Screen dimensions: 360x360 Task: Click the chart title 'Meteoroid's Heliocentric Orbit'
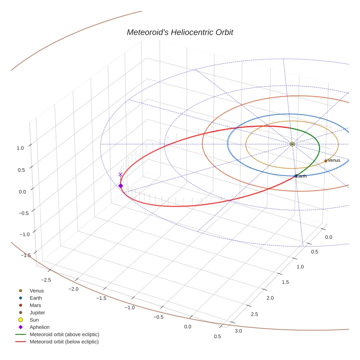click(180, 32)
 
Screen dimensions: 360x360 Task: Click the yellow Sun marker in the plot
click(292, 144)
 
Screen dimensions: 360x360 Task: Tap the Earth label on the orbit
click(301, 176)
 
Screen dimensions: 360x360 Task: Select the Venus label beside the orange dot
click(334, 160)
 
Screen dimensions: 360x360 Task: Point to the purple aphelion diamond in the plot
click(121, 186)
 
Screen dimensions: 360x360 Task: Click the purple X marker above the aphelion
click(120, 175)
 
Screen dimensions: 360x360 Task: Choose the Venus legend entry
click(37, 290)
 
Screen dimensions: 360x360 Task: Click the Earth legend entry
click(35, 298)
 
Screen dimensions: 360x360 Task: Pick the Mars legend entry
click(35, 305)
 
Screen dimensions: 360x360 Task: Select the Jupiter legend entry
click(37, 312)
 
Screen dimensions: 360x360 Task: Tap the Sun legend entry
click(34, 320)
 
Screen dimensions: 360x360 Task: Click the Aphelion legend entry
click(40, 327)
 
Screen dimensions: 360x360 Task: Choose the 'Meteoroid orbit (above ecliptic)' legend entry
click(64, 334)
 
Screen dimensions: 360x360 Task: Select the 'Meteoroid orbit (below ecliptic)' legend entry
click(64, 342)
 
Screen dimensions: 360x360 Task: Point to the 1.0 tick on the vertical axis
click(20, 148)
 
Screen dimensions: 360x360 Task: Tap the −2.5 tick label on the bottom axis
click(46, 280)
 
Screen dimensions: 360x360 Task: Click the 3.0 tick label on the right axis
click(238, 331)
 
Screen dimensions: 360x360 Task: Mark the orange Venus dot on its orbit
click(326, 161)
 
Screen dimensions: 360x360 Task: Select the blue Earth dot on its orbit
click(296, 176)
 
